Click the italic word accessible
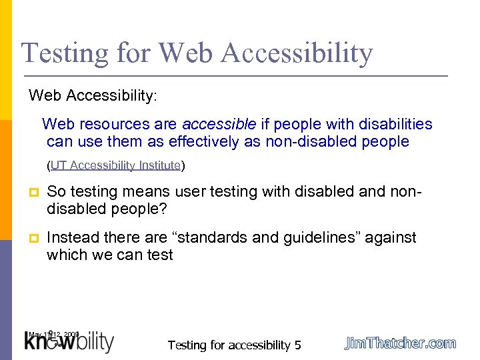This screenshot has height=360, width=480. tap(219, 124)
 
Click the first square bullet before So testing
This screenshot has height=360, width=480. tap(33, 193)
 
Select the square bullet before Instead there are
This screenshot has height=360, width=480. tap(33, 238)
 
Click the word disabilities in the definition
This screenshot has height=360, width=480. tap(395, 124)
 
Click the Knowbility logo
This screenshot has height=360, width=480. tap(69, 343)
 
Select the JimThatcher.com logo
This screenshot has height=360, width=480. tap(400, 343)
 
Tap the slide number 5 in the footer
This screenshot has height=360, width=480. tap(298, 345)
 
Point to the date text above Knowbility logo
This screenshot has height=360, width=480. tap(54, 333)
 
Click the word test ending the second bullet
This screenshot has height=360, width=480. tap(160, 255)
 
